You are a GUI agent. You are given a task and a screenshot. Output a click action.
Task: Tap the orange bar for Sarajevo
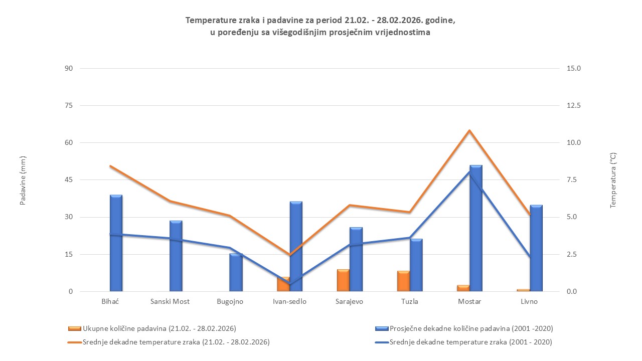(343, 280)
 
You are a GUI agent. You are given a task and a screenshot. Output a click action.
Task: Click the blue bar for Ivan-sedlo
(296, 246)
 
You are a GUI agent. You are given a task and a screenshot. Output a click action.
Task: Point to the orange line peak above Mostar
(469, 131)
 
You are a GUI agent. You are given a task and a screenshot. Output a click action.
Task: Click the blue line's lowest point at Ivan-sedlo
(289, 285)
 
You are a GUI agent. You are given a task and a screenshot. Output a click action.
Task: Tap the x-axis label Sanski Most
(170, 302)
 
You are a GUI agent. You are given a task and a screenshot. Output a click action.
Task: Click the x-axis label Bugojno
(230, 302)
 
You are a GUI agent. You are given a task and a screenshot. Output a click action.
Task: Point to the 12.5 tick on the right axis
(573, 106)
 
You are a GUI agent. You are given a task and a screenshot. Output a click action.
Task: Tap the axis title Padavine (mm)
(23, 180)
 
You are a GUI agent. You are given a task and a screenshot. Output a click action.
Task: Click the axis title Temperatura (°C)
(612, 180)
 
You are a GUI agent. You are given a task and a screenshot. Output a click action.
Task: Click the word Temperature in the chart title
(208, 21)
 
